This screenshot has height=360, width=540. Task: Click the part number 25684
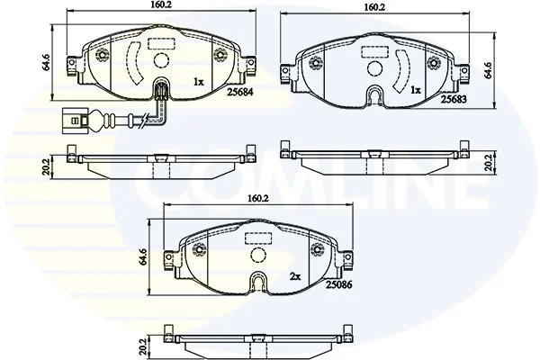pyautogui.click(x=240, y=92)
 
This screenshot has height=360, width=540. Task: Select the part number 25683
pyautogui.click(x=454, y=100)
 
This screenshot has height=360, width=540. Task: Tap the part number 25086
pyautogui.click(x=339, y=284)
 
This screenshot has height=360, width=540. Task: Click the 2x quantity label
pyautogui.click(x=295, y=276)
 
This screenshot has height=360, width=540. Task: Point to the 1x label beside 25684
pyautogui.click(x=199, y=82)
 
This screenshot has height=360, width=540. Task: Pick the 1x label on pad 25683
pyautogui.click(x=416, y=90)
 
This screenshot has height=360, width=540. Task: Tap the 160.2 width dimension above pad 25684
pyautogui.click(x=161, y=4)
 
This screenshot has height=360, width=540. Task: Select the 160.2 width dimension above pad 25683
pyautogui.click(x=374, y=7)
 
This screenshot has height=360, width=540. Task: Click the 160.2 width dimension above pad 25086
pyautogui.click(x=258, y=198)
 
